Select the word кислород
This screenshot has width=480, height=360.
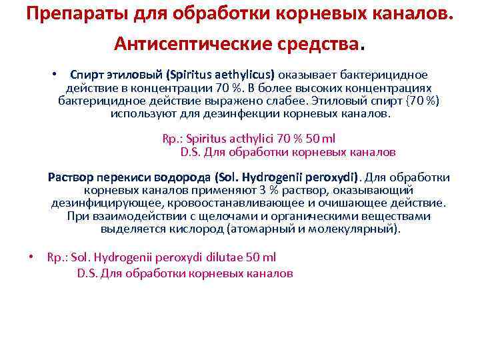200,229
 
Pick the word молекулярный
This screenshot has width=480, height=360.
356,229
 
